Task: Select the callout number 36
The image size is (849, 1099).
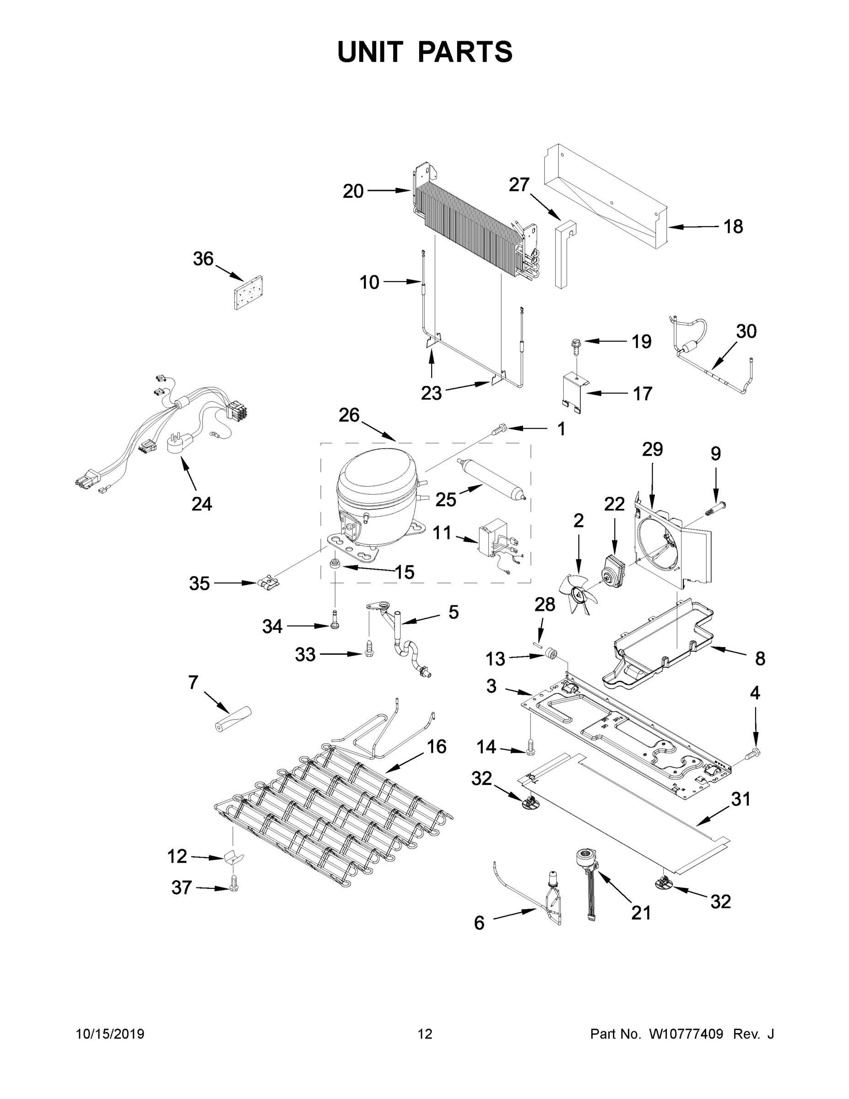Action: [203, 259]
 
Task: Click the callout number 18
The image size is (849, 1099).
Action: [733, 227]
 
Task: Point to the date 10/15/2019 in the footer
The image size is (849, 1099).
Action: [110, 1034]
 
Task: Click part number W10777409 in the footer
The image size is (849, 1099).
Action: [686, 1034]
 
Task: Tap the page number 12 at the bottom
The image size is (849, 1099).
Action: [425, 1034]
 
